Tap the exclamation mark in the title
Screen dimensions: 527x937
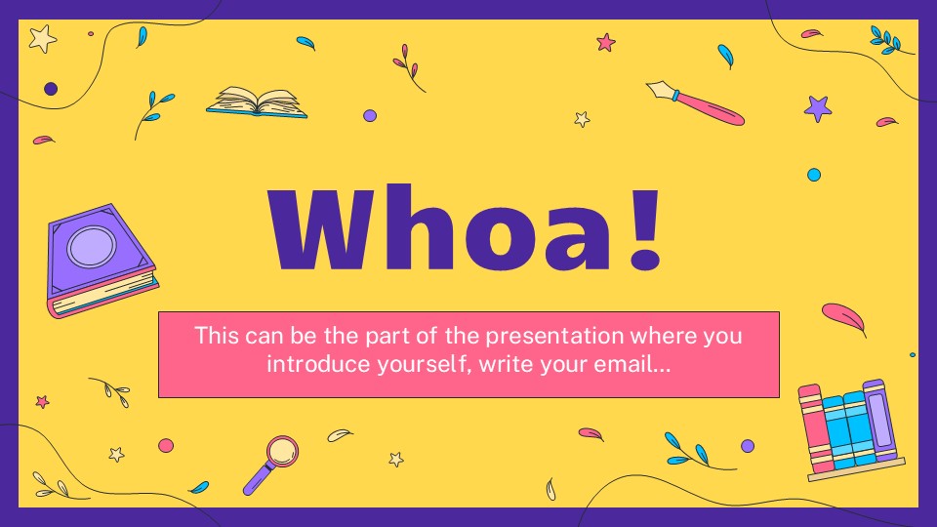(643, 231)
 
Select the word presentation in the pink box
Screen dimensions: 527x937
(542, 337)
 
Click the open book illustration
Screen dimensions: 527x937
(257, 102)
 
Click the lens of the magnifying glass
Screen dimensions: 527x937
(282, 451)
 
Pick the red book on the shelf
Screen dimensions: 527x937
(810, 429)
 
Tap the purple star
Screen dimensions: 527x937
(817, 107)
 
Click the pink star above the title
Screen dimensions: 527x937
(606, 42)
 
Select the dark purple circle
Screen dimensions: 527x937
(51, 89)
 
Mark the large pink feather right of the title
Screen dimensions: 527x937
(842, 317)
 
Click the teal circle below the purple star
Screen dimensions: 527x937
(813, 175)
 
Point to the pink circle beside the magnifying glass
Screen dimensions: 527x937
(166, 445)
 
